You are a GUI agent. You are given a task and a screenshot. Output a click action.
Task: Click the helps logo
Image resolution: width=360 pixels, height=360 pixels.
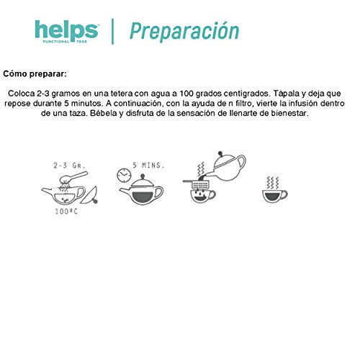pos(66,32)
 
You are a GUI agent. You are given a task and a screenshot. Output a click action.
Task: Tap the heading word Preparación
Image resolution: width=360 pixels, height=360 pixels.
pos(184,32)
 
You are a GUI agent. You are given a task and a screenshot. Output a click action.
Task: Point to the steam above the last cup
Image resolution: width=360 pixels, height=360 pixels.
pos(273,181)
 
